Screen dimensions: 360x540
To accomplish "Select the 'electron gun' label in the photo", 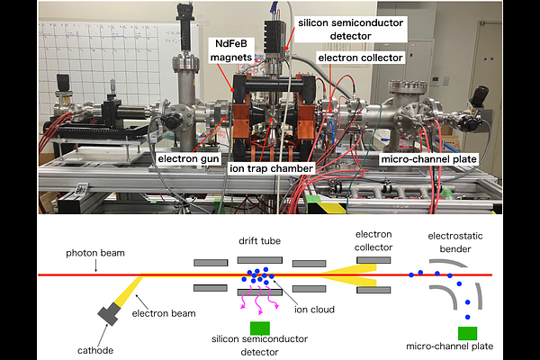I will point(188,159).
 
